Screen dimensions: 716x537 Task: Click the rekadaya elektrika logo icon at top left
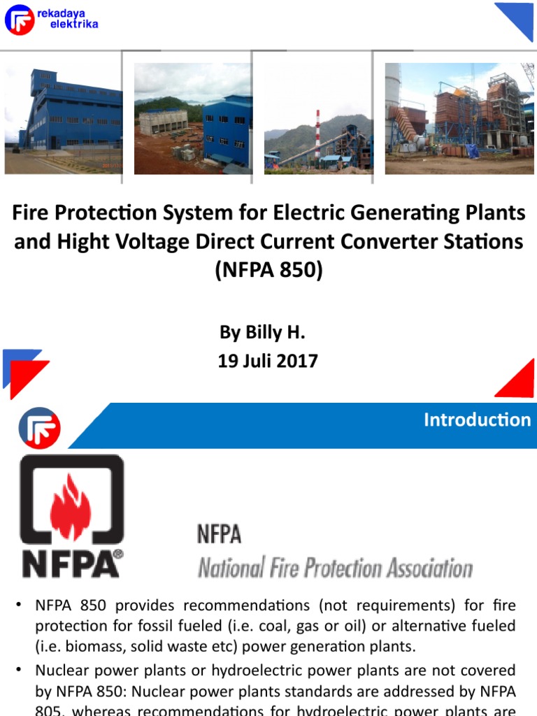click(19, 20)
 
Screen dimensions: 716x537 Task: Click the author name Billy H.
click(263, 332)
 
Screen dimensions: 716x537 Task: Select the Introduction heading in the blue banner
click(477, 420)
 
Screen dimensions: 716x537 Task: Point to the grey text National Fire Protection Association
click(335, 568)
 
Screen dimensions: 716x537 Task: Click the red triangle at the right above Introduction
click(518, 381)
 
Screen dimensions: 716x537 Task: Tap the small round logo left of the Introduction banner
click(39, 427)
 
